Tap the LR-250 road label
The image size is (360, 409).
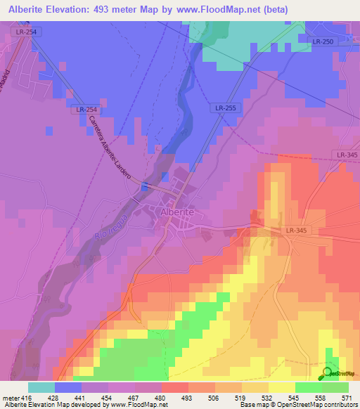click(x=323, y=42)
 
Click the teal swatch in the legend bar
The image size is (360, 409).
click(x=41, y=387)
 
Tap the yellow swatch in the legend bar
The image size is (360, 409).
click(x=281, y=387)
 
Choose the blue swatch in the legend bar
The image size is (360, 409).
click(x=68, y=387)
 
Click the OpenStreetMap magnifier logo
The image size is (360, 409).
click(x=328, y=373)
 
